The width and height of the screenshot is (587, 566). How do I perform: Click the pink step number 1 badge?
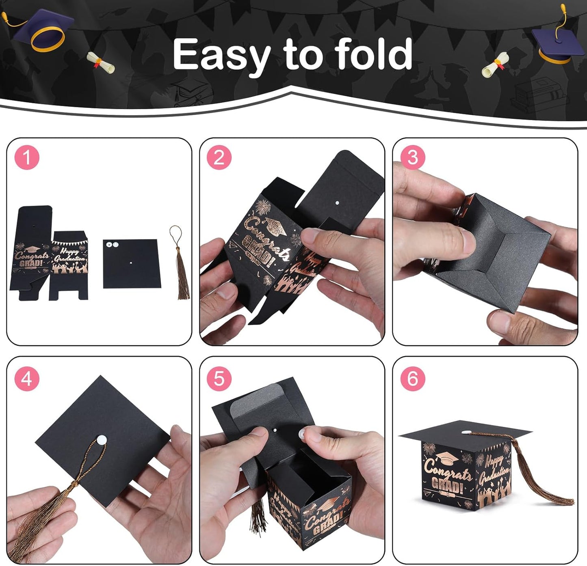coord(27,157)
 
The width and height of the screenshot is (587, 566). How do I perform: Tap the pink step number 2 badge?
coord(219,157)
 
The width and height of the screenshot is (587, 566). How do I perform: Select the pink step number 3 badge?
coord(412,157)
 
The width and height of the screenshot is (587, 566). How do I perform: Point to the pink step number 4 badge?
coord(27,379)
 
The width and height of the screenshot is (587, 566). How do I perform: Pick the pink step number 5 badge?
coord(219,379)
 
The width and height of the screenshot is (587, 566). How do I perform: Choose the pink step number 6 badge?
coord(412,379)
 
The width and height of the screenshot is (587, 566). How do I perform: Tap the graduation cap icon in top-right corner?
coord(555,41)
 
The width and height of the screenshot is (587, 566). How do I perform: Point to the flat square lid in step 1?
coord(131,264)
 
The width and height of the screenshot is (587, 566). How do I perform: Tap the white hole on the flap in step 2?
coord(337,202)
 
